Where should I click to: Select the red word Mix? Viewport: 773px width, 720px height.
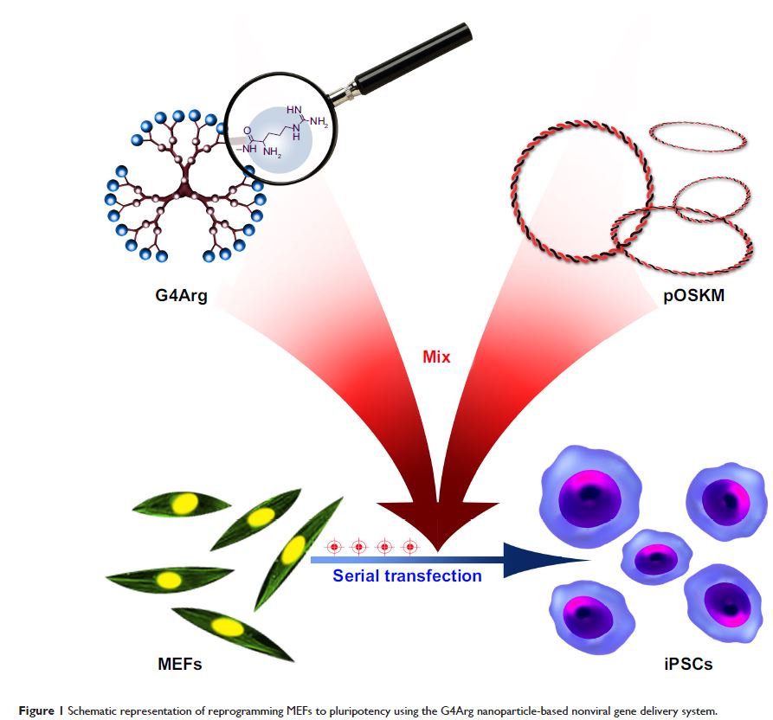click(436, 356)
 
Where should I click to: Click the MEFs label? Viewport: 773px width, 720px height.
click(175, 665)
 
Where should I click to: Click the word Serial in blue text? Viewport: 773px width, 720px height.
click(357, 575)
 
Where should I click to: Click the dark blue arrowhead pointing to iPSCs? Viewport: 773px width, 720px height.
click(528, 560)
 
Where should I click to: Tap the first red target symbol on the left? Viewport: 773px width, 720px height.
click(333, 547)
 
